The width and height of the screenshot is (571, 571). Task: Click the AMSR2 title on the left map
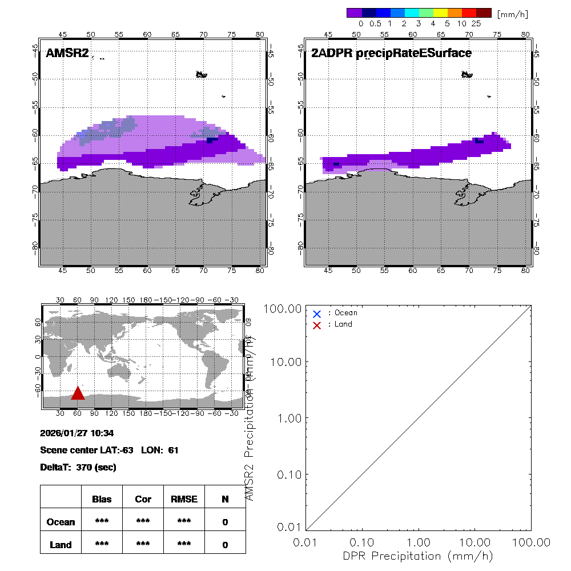pyautogui.click(x=67, y=54)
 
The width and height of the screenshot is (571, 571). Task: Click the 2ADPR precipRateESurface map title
pyautogui.click(x=391, y=54)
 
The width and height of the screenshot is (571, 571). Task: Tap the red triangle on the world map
pyautogui.click(x=78, y=393)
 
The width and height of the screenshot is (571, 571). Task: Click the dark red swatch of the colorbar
pyautogui.click(x=484, y=13)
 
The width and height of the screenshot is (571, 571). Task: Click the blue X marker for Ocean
pyautogui.click(x=317, y=313)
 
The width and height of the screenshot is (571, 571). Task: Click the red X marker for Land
pyautogui.click(x=317, y=325)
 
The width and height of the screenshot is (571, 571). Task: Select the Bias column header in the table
pyautogui.click(x=102, y=499)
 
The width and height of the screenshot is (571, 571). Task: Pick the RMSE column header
pyautogui.click(x=184, y=499)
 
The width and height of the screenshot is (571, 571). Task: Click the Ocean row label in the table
pyautogui.click(x=61, y=522)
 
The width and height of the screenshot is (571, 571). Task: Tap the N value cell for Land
pyautogui.click(x=225, y=545)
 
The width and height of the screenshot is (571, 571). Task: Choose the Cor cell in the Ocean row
pyautogui.click(x=143, y=522)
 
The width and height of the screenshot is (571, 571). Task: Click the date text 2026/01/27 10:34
pyautogui.click(x=77, y=433)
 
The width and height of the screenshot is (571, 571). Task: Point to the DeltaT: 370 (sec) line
pyautogui.click(x=78, y=467)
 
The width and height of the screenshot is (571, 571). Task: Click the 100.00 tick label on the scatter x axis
pyautogui.click(x=531, y=542)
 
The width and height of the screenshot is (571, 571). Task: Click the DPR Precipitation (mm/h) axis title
pyautogui.click(x=419, y=556)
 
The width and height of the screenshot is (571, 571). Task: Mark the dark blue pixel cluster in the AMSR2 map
pyautogui.click(x=212, y=140)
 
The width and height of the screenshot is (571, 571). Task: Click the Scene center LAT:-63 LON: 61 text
pyautogui.click(x=110, y=451)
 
